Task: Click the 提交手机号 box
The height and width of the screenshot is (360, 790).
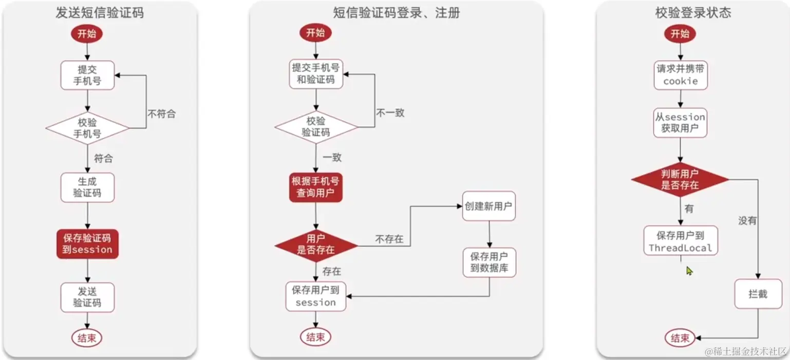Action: pos(87,74)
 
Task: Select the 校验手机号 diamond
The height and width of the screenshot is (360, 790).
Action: pos(87,128)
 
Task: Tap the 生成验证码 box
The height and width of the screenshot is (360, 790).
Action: pos(87,187)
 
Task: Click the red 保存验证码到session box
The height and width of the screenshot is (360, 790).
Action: pos(87,244)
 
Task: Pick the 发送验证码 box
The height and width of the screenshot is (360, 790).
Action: pos(87,297)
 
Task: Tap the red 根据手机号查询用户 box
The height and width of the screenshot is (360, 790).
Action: pos(315,187)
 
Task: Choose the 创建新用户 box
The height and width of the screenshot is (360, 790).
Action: pos(489,206)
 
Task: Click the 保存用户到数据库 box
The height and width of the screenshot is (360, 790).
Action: pos(489,262)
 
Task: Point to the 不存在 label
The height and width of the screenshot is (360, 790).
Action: pos(389,239)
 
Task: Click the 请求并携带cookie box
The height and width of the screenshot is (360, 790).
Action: pos(681,75)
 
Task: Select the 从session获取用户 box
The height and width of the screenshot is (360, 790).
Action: pos(681,122)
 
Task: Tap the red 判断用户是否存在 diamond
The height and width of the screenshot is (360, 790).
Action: pos(680,179)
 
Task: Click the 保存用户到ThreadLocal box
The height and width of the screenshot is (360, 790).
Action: pos(681,241)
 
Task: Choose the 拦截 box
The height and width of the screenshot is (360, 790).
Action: pos(758,294)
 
